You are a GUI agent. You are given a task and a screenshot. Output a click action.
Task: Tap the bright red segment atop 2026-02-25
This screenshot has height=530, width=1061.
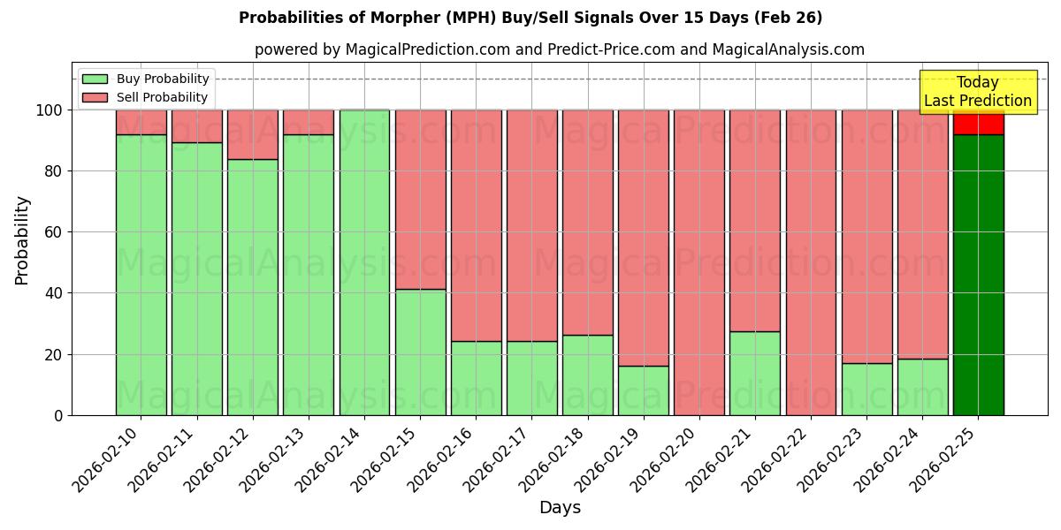(978, 123)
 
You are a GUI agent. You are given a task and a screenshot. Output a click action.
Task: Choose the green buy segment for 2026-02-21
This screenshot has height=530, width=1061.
(754, 373)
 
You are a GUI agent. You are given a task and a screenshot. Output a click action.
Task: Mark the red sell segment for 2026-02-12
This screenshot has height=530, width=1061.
(253, 134)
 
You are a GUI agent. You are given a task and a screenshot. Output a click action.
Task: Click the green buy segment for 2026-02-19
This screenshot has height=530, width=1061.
(643, 390)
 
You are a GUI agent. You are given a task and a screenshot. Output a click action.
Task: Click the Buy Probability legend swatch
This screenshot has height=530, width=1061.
(95, 79)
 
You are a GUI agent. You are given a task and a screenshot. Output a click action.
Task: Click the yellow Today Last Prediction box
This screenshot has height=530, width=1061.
(977, 92)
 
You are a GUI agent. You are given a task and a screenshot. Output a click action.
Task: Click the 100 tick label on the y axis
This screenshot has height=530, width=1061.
(48, 110)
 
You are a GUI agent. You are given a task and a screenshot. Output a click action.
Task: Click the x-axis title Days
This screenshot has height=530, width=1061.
(560, 508)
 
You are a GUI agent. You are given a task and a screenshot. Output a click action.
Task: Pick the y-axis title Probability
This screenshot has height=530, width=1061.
(22, 239)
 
